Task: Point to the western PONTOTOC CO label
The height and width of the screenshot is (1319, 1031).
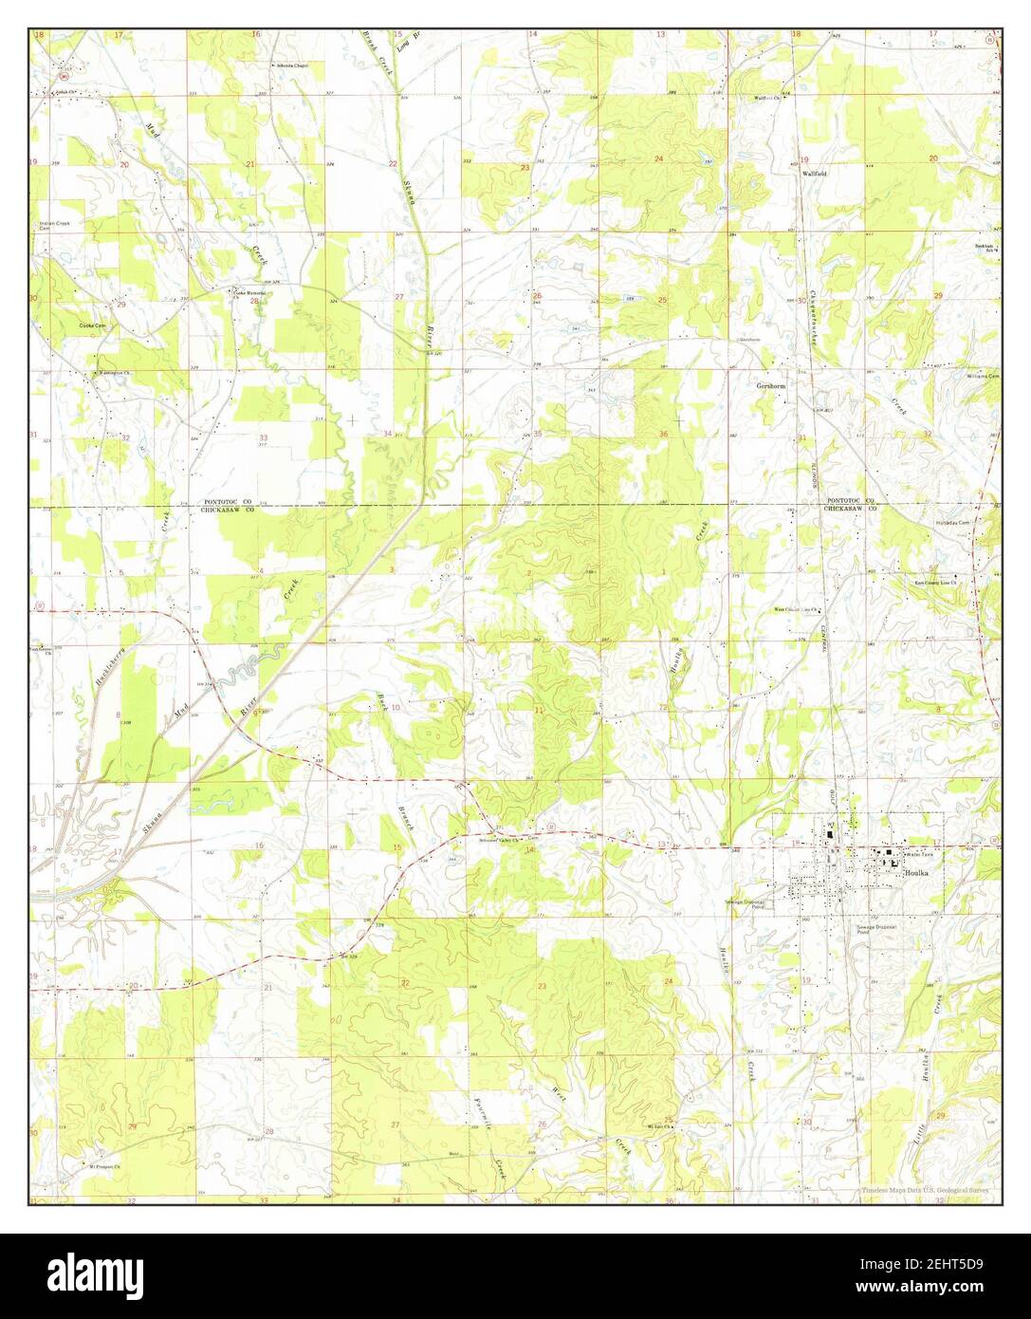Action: (x=227, y=501)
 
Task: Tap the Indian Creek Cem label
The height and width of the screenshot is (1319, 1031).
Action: (x=54, y=226)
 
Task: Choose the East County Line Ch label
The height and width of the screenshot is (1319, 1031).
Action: (x=933, y=584)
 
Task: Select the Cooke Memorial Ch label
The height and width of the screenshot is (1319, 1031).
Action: (x=251, y=293)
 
